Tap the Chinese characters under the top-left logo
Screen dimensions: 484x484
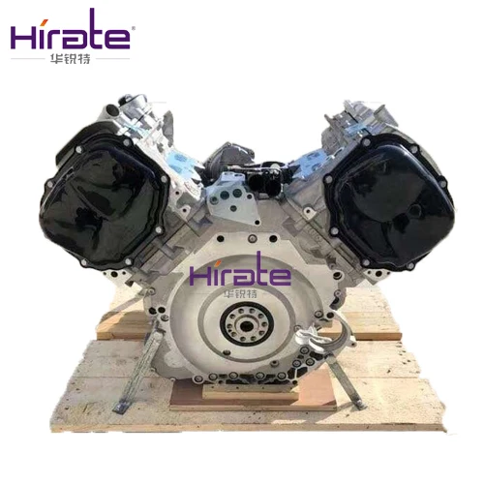tap(71, 59)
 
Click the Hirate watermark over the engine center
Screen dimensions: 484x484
tap(240, 274)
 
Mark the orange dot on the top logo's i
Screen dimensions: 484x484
tap(45, 16)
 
